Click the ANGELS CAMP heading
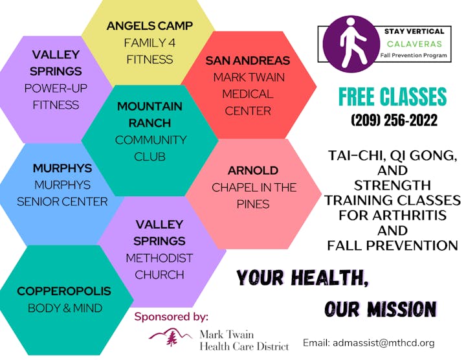tap(150, 26)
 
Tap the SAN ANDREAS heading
tap(248, 61)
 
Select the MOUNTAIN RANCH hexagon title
tap(150, 115)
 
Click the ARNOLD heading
tap(253, 171)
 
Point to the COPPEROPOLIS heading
tap(64, 291)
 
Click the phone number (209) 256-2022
tap(394, 120)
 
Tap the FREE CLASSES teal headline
tap(393, 96)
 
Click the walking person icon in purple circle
tap(351, 43)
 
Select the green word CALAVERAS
tap(414, 44)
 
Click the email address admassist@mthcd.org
tap(384, 343)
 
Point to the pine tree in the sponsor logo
tap(172, 338)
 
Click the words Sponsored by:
tap(171, 317)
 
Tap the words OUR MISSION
tap(381, 309)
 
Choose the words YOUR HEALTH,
tap(302, 278)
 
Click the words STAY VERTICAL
tap(414, 31)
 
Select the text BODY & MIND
tap(65, 308)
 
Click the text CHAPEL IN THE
tap(254, 188)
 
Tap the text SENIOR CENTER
tap(62, 202)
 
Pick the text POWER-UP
tap(56, 88)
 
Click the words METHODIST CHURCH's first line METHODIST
tap(159, 258)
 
